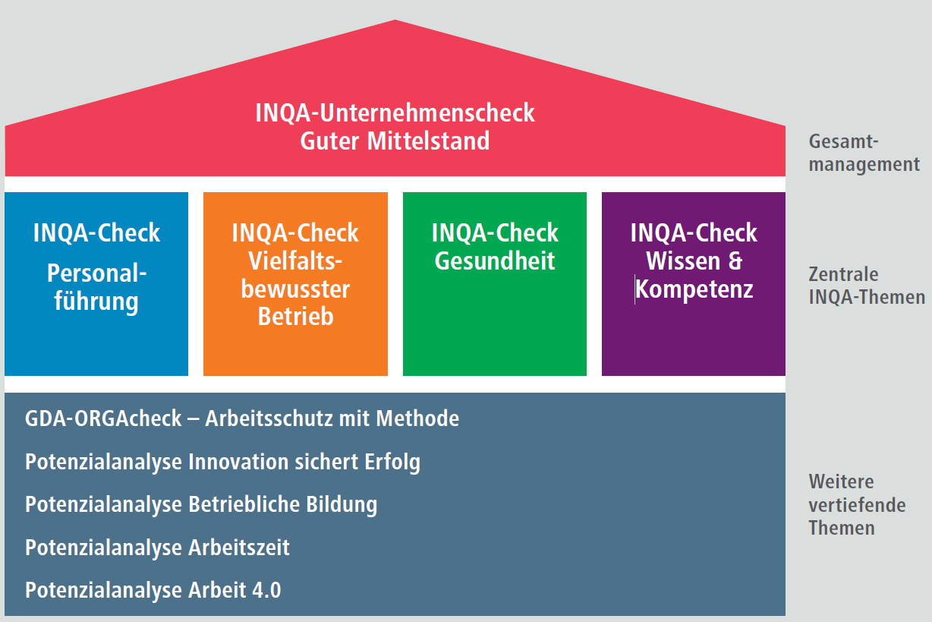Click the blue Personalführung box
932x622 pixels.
pos(96,283)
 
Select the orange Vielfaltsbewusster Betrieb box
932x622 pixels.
pos(295,283)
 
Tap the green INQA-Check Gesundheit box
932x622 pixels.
pos(495,283)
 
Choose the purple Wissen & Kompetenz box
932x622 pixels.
pos(694,283)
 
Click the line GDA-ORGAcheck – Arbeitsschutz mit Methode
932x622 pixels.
pos(242,418)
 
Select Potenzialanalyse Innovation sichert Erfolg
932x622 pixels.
pos(222,462)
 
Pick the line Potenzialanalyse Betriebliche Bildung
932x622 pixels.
pos(201,504)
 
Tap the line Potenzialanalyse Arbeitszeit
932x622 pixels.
pos(157,548)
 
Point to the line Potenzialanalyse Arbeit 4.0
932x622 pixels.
pos(153,591)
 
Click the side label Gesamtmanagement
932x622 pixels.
pos(864,153)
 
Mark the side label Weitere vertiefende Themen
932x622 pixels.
pos(857,504)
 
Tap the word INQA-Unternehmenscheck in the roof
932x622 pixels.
pos(395,113)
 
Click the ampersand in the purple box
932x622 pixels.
pos(735,261)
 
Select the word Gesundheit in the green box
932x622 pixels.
pos(495,261)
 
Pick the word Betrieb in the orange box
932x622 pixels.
pos(295,316)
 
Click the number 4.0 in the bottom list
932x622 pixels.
pos(265,591)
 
